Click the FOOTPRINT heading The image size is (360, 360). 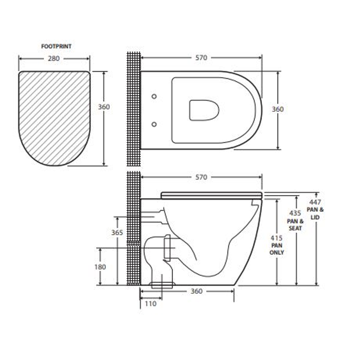point(56,47)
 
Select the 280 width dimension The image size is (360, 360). point(54,59)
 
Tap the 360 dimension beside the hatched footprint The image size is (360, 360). point(104,107)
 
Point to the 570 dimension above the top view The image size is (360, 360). point(201,58)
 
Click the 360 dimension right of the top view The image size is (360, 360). point(278,109)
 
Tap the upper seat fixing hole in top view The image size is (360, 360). point(154,96)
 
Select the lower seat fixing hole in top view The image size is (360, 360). point(154,124)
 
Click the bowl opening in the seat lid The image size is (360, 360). point(204,110)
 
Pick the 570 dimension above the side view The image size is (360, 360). point(201,177)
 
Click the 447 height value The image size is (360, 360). point(315,202)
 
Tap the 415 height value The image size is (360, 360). point(277,238)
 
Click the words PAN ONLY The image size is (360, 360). point(277,249)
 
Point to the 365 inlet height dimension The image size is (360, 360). point(117,233)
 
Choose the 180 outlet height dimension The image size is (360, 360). point(100,267)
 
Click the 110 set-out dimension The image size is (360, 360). point(150,304)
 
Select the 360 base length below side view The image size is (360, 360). point(196,291)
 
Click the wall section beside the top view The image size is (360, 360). point(134,110)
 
